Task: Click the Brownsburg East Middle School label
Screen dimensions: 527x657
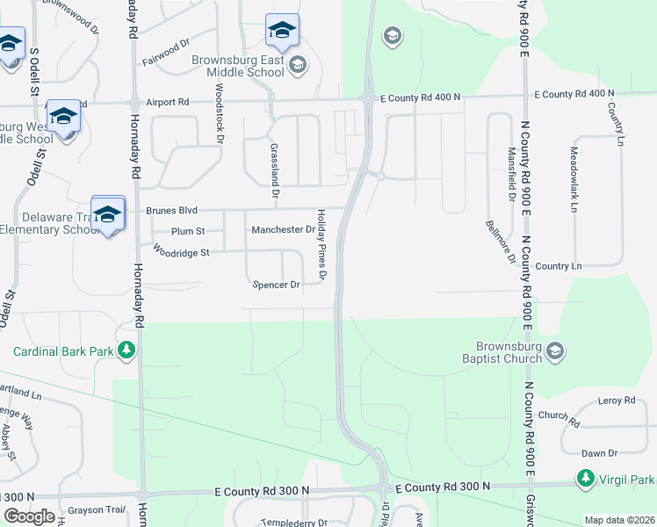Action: point(238,66)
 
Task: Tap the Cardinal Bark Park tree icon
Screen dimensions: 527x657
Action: point(127,351)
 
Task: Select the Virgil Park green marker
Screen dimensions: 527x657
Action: point(585,480)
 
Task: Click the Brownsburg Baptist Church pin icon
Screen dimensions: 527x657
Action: point(554,351)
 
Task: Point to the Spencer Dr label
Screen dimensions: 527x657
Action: point(277,285)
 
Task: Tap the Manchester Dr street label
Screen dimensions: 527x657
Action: point(283,230)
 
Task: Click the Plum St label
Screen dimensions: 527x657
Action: point(188,231)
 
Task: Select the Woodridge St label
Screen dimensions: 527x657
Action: point(181,252)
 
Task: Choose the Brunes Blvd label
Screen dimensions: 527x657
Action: point(171,211)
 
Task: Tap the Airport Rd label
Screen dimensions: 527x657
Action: point(168,102)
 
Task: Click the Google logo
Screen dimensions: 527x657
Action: point(29,516)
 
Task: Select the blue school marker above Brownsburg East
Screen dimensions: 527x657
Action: point(282,32)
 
